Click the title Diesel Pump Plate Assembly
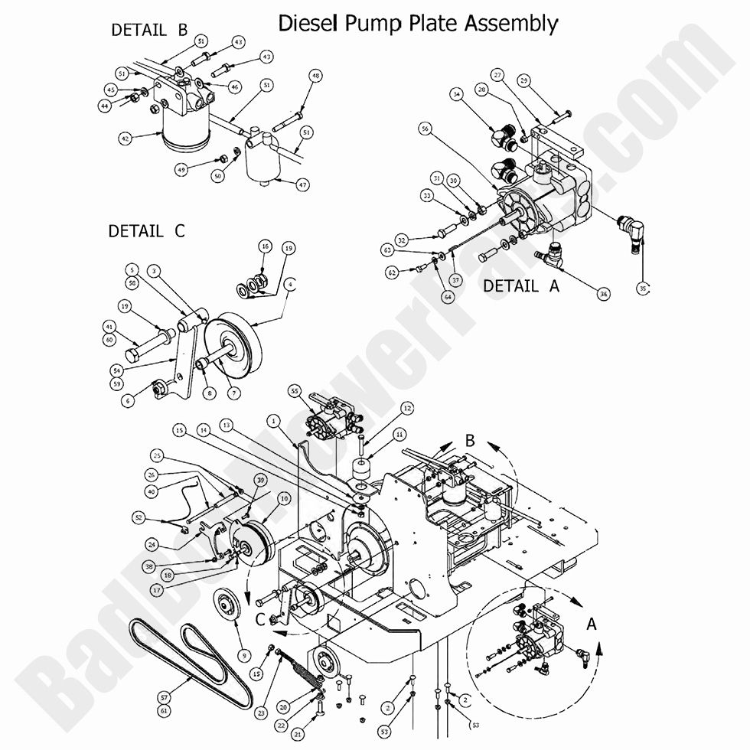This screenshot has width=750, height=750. pyautogui.click(x=417, y=23)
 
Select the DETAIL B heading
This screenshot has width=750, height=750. pyautogui.click(x=149, y=30)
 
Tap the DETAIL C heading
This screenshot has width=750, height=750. pyautogui.click(x=146, y=230)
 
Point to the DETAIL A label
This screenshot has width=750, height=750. pyautogui.click(x=521, y=285)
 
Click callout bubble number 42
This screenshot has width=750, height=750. pyautogui.click(x=125, y=139)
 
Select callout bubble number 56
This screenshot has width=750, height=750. pyautogui.click(x=425, y=129)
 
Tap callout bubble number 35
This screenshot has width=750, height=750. pyautogui.click(x=642, y=288)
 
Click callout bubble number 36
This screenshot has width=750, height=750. pyautogui.click(x=603, y=293)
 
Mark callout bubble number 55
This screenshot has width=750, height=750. pyautogui.click(x=294, y=390)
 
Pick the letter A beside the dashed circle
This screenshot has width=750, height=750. pyautogui.click(x=590, y=624)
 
